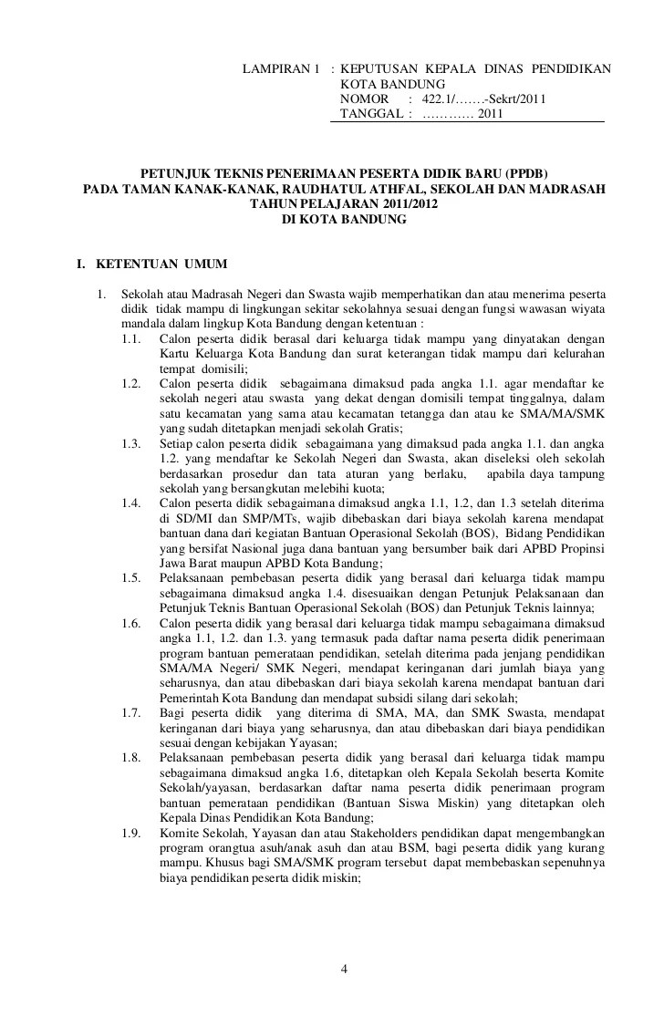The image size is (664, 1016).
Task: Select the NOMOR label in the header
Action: pyautogui.click(x=364, y=99)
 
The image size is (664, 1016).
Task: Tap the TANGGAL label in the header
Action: pyautogui.click(x=368, y=114)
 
